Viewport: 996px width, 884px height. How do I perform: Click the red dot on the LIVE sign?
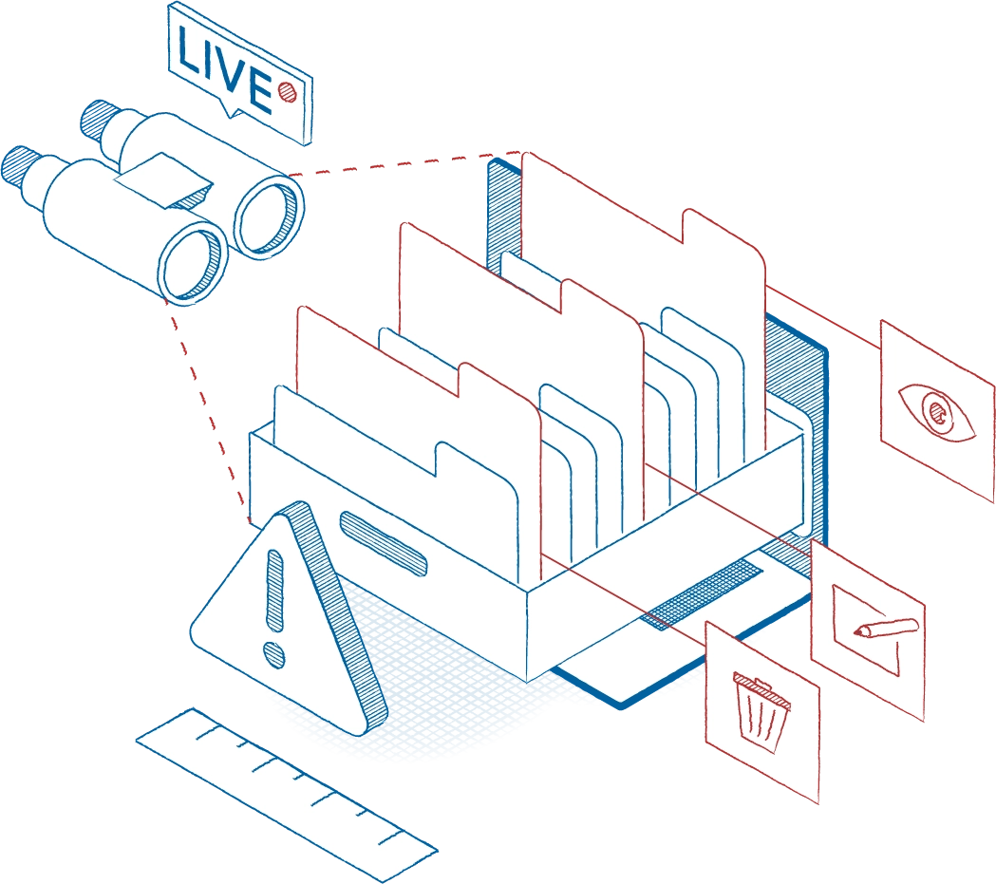pyautogui.click(x=288, y=91)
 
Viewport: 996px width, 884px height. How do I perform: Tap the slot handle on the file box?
pyautogui.click(x=383, y=544)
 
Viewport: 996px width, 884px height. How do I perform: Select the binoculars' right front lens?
pyautogui.click(x=268, y=216)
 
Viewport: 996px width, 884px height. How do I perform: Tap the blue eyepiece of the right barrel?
pyautogui.click(x=95, y=118)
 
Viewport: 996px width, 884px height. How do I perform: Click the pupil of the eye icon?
pyautogui.click(x=938, y=411)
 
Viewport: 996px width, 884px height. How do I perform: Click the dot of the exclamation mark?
pyautogui.click(x=273, y=654)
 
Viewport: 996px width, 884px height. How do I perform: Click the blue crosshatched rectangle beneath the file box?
pyautogui.click(x=703, y=594)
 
